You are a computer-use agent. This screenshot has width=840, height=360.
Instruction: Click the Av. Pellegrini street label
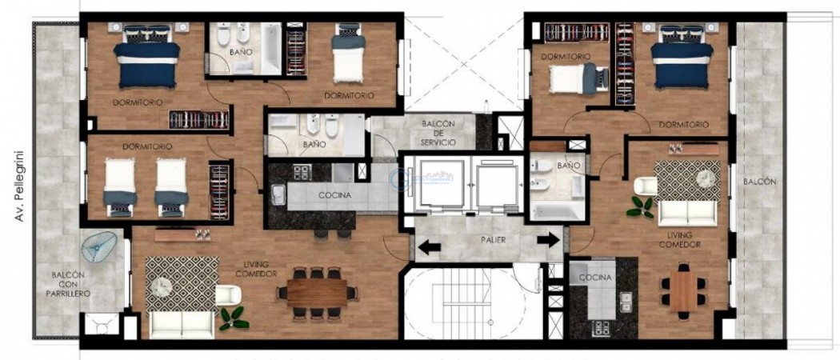click(18, 186)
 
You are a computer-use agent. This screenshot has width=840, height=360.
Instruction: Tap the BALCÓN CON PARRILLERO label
click(70, 284)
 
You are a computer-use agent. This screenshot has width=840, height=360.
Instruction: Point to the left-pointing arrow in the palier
click(429, 246)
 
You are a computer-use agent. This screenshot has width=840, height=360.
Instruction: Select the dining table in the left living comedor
click(317, 291)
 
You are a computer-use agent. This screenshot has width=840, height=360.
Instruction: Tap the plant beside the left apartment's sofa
click(234, 318)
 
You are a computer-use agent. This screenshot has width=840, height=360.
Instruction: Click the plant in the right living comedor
click(640, 206)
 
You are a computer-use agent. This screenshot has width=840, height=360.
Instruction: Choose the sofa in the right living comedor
click(686, 213)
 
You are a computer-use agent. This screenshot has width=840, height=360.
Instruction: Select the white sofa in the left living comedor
click(182, 322)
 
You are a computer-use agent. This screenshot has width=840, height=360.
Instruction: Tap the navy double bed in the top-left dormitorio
click(147, 62)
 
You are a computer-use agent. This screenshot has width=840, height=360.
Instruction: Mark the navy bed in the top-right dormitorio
click(681, 62)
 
